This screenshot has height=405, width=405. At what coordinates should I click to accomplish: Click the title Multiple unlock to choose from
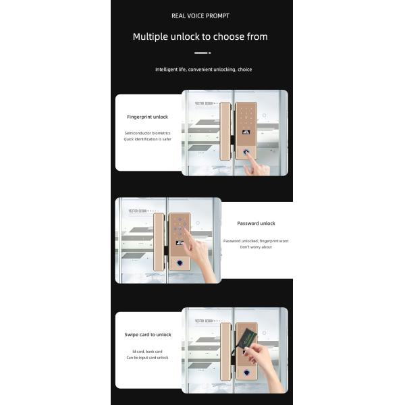[x=200, y=36]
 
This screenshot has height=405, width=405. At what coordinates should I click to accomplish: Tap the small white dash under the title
[x=202, y=53]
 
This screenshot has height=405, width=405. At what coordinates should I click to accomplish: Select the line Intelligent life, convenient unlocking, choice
[x=203, y=70]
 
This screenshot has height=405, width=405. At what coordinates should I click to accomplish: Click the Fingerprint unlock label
[x=147, y=117]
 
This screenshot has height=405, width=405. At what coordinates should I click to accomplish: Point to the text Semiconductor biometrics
[x=147, y=133]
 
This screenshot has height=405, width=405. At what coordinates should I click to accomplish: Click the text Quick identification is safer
[x=147, y=140]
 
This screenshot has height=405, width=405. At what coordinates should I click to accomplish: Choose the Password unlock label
[x=256, y=223]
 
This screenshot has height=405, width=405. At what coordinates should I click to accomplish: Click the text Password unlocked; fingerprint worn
[x=256, y=240]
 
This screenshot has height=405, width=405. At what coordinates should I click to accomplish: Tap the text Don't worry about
[x=256, y=247]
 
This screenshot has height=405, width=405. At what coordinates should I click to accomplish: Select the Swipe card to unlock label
[x=147, y=335]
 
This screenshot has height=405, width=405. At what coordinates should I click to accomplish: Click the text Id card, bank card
[x=147, y=351]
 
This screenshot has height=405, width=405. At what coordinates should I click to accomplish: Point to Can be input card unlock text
[x=147, y=358]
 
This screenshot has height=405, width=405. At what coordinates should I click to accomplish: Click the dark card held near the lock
[x=248, y=335]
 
